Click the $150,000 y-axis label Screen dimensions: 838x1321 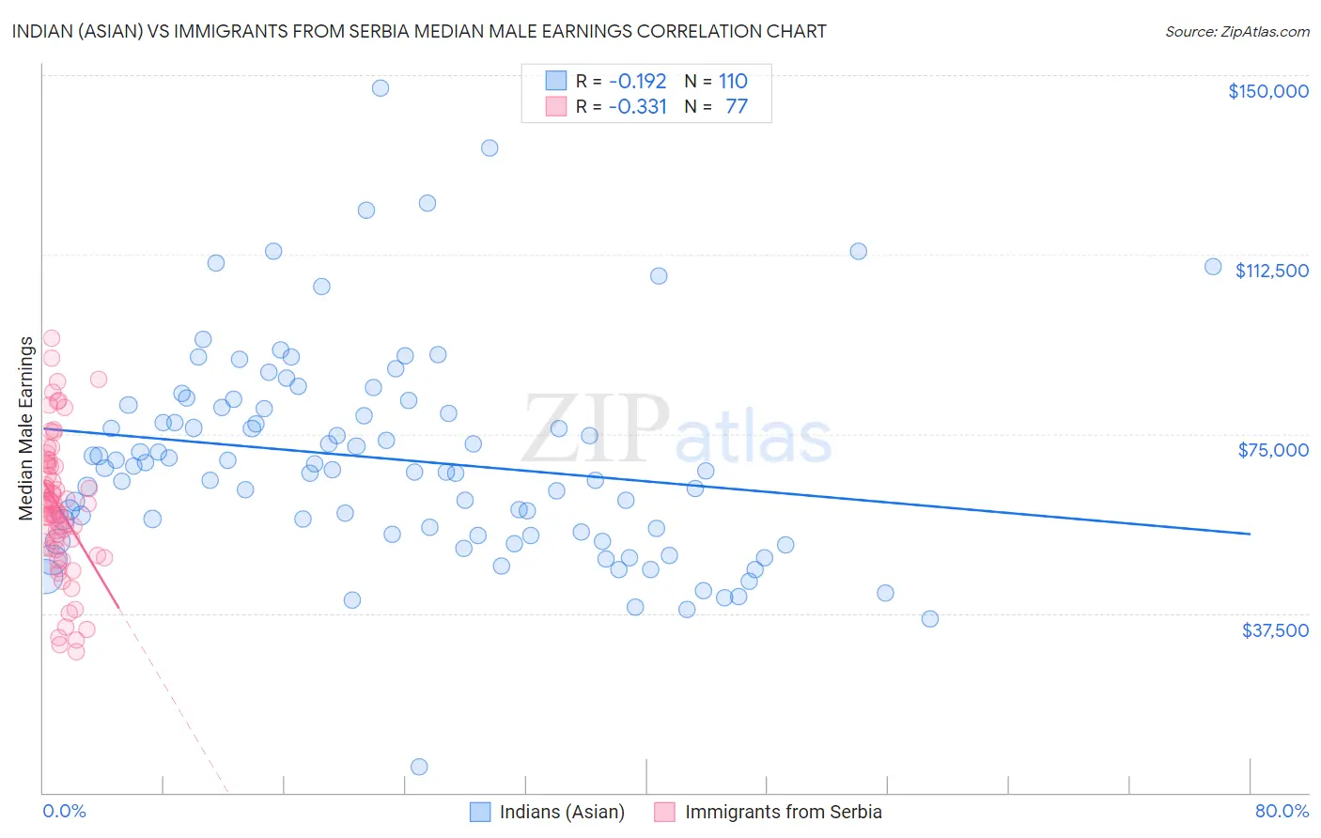point(1267,91)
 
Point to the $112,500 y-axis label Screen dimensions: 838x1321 point(1271,271)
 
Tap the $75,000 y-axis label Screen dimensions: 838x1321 point(1273,450)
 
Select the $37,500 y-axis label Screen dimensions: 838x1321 point(1274,630)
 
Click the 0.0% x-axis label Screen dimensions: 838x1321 point(64,811)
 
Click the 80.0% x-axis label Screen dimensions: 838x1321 point(1282,811)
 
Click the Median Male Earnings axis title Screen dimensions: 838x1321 point(26,428)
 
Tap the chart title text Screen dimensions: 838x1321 point(419,31)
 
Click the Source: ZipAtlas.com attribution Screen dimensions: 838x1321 point(1236,32)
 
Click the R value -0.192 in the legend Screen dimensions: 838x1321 point(637,81)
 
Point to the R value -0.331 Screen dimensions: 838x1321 point(637,106)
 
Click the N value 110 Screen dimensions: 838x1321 point(733,81)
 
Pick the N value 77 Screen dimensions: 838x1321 point(737,106)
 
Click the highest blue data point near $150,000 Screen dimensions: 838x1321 point(381,87)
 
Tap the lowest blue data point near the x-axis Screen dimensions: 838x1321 point(419,767)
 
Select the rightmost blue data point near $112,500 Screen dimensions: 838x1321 point(1213,267)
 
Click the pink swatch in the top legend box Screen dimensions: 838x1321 point(556,106)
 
